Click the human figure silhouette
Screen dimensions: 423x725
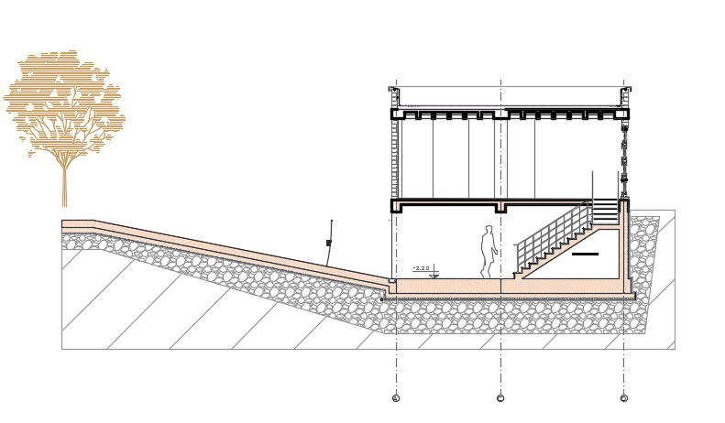489,251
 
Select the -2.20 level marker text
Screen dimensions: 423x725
422,268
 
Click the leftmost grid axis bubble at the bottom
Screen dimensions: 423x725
396,398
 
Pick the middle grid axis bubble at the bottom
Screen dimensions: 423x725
500,398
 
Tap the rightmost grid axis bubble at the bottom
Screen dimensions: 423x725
624,398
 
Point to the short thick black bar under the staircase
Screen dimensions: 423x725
585,254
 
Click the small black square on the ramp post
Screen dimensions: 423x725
328,244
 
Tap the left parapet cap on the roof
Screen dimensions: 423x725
394,92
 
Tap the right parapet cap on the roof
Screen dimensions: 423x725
626,92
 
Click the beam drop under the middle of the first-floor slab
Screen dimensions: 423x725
500,208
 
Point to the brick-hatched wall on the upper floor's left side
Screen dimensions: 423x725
395,156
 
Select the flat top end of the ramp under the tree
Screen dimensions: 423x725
78,224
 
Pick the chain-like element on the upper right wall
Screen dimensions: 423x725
624,151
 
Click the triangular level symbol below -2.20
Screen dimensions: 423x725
434,275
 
